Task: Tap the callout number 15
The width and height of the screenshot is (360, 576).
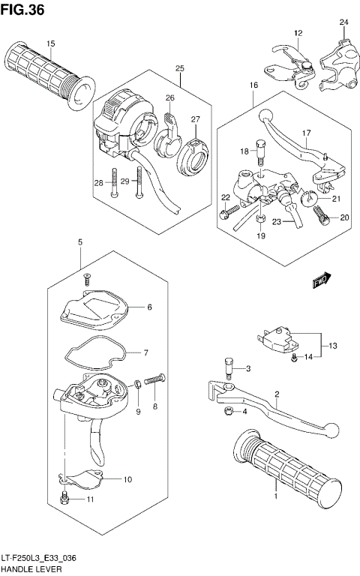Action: click(x=51, y=44)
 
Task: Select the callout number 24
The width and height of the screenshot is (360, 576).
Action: click(x=343, y=22)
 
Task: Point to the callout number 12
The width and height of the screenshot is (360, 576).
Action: click(x=297, y=33)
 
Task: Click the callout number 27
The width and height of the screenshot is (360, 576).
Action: click(x=195, y=119)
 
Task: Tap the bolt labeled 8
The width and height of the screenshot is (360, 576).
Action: click(x=154, y=382)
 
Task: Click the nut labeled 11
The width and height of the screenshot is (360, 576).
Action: click(x=66, y=499)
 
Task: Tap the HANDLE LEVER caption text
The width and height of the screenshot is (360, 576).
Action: click(x=28, y=569)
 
